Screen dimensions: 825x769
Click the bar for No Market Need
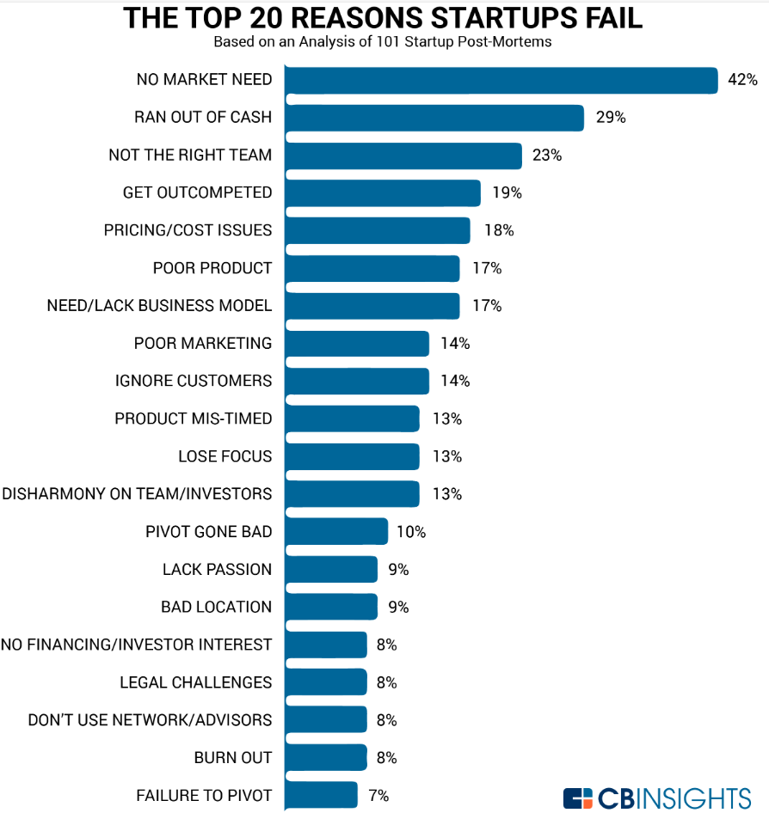[x=501, y=80]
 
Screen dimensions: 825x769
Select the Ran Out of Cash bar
[x=434, y=118]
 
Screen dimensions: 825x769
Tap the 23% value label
[x=547, y=156]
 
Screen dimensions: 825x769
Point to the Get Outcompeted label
[x=197, y=192]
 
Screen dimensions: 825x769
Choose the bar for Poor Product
[x=372, y=268]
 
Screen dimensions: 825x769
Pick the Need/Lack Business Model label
[x=159, y=306]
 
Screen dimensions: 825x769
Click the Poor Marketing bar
[x=356, y=344]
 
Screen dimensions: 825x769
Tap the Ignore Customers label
[x=194, y=381]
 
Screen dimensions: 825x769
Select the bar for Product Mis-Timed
[x=351, y=419]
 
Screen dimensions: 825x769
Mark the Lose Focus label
[x=225, y=456]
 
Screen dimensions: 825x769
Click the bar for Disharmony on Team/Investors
[x=351, y=494]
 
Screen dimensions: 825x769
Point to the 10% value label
[x=411, y=532]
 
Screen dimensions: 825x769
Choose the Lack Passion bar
[x=330, y=569]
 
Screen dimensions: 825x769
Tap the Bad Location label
[x=216, y=607]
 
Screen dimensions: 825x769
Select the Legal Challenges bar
[x=325, y=682]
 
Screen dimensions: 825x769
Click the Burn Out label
[x=232, y=757]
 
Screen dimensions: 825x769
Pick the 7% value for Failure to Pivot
[x=378, y=796]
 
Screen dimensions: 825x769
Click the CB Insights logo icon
[x=579, y=798]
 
